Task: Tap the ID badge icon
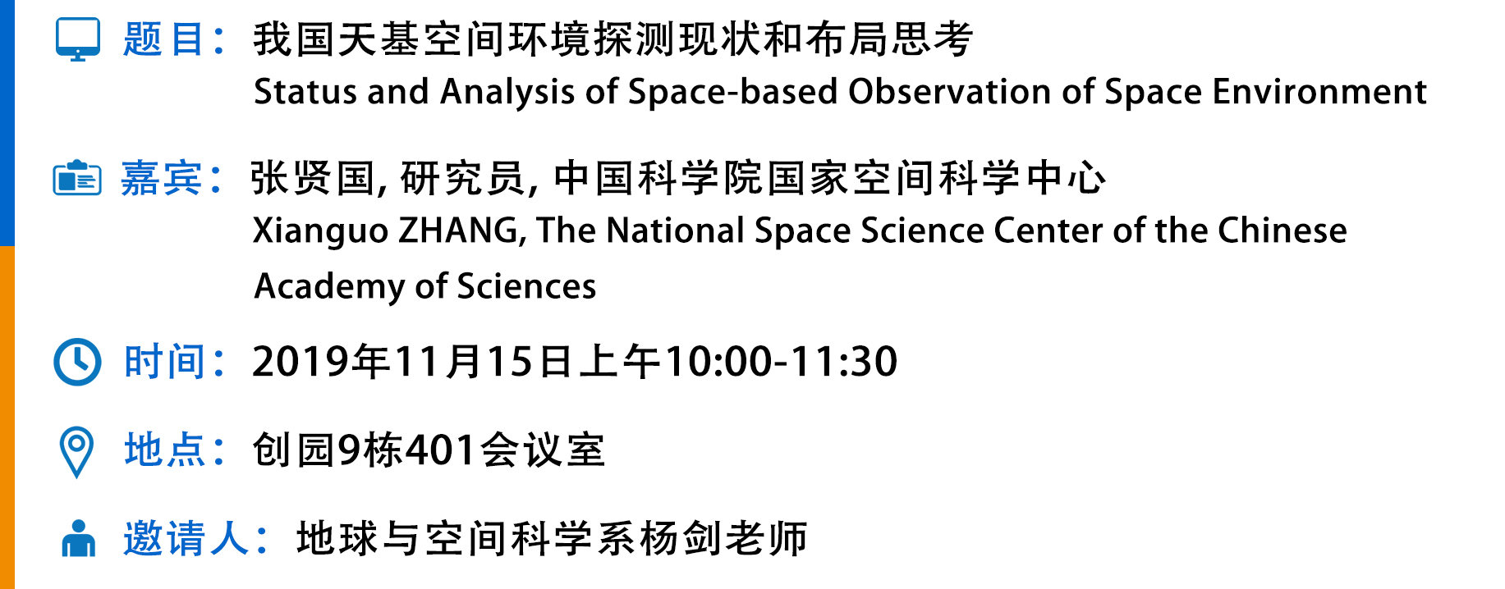(77, 178)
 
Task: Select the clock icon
(77, 362)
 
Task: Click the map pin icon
(77, 452)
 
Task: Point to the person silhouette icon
(79, 539)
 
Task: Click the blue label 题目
(164, 39)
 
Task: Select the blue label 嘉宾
(162, 178)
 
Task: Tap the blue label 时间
(164, 362)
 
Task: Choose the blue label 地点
(164, 450)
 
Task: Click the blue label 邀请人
(186, 539)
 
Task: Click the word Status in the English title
(305, 92)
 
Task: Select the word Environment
(1319, 92)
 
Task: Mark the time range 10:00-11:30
(781, 362)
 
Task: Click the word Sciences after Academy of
(526, 286)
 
